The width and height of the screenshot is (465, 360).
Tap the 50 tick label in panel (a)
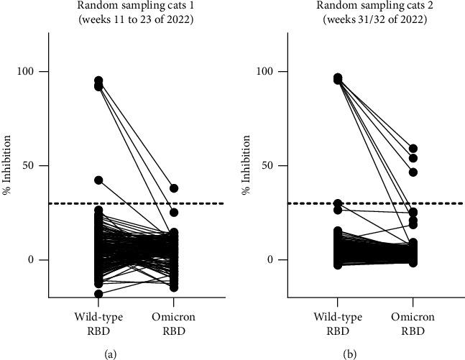33,166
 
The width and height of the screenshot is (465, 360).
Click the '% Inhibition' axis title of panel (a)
8,165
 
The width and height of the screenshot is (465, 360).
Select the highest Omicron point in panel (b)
413,149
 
